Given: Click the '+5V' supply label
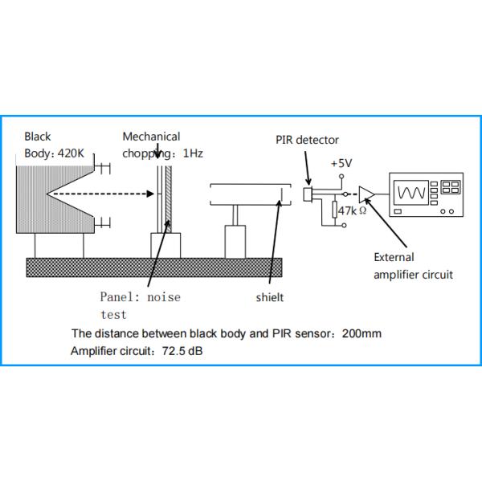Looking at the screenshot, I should coord(342,163).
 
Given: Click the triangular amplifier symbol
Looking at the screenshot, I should coord(367,193).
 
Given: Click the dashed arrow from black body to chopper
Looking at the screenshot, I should coord(100,194).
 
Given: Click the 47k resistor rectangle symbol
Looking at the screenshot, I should coord(336,211).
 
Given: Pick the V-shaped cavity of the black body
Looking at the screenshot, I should coord(64,194).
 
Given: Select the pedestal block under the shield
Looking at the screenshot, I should coord(235,242).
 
